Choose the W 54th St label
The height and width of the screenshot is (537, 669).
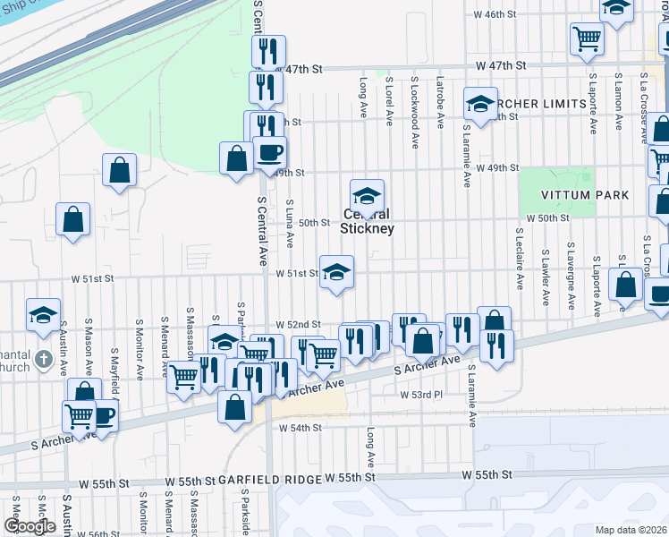point(299,429)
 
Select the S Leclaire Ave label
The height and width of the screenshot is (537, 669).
point(519,258)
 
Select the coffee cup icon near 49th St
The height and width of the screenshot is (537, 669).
point(269,152)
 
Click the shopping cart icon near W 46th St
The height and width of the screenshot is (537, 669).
point(588,37)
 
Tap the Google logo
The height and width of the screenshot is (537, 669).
point(30,526)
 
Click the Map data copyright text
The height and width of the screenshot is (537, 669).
point(631,530)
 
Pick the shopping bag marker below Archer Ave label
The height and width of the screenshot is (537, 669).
point(234,406)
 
